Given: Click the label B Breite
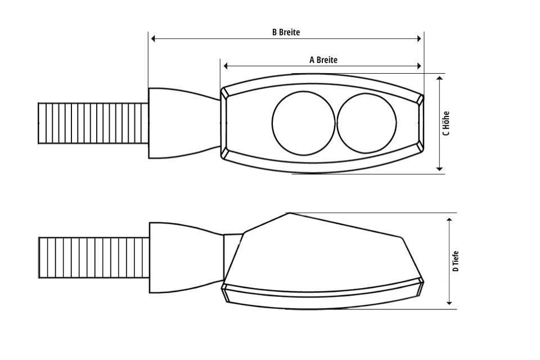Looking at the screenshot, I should (286, 32).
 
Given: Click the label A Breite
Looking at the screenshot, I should (323, 60).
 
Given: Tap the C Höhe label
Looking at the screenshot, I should (446, 123).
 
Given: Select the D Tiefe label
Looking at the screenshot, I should (456, 262).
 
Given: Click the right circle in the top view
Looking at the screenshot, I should (367, 123).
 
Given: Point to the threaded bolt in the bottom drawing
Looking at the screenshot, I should (93, 258).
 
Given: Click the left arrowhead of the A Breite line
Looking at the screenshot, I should (226, 66).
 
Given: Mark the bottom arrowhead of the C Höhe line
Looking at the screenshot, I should (440, 168).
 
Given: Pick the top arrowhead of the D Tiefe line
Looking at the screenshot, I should (449, 218).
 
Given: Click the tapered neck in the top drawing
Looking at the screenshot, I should (183, 123).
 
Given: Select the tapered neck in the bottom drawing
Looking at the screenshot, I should (186, 258).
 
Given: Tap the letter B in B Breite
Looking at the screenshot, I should (274, 32).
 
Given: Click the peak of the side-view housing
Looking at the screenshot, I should (289, 213).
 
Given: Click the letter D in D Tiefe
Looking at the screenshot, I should (456, 269).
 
